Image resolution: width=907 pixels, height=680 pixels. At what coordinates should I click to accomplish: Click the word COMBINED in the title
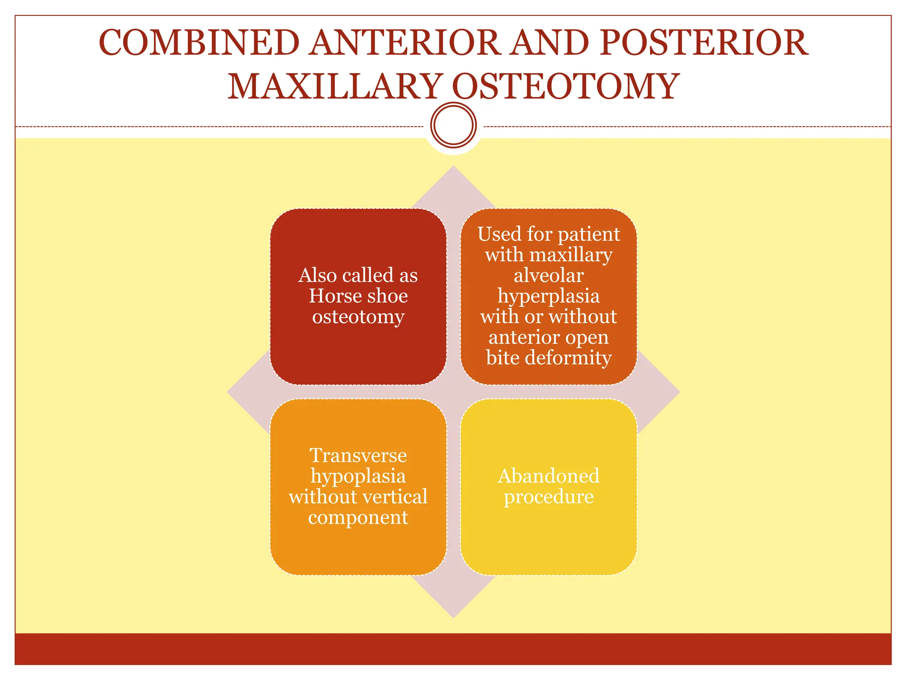[x=199, y=42]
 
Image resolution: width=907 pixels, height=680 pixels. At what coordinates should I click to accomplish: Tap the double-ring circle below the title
[x=453, y=125]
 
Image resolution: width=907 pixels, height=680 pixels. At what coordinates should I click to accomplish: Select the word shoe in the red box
[x=388, y=296]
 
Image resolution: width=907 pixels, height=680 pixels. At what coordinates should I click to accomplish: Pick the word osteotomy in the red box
[x=358, y=316]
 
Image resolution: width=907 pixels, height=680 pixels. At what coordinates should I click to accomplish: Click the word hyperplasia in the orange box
[x=549, y=296]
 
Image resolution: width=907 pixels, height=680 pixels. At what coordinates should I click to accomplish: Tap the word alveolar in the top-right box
[x=549, y=275]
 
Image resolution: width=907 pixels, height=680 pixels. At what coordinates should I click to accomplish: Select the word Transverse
[x=358, y=456]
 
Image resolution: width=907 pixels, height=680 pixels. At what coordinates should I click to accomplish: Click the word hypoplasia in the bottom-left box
[x=358, y=476]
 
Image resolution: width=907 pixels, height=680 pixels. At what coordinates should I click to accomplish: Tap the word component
[x=358, y=517]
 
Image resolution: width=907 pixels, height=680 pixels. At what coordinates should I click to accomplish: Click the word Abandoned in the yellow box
[x=549, y=476]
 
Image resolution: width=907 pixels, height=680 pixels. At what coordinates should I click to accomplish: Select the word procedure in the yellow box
[x=549, y=497]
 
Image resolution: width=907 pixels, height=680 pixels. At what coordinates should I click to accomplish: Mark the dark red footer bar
[x=453, y=649]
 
